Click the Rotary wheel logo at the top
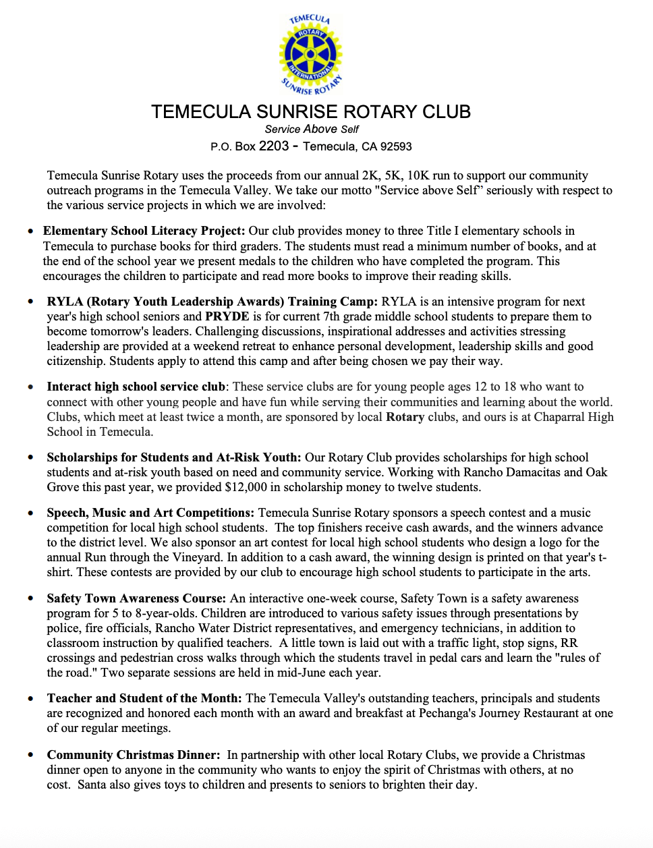(x=310, y=55)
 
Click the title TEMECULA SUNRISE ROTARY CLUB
(x=311, y=112)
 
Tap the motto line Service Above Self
(x=311, y=129)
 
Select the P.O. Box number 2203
(x=273, y=146)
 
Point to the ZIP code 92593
(x=396, y=146)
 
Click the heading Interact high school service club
(x=136, y=387)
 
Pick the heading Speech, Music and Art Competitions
(x=150, y=513)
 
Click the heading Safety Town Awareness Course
(x=136, y=598)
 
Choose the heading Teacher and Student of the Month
(x=144, y=698)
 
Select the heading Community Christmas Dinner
(x=133, y=755)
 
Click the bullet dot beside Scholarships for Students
(x=31, y=457)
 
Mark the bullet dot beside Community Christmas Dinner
(x=31, y=755)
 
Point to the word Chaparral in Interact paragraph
(x=560, y=417)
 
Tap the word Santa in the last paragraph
(x=92, y=785)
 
